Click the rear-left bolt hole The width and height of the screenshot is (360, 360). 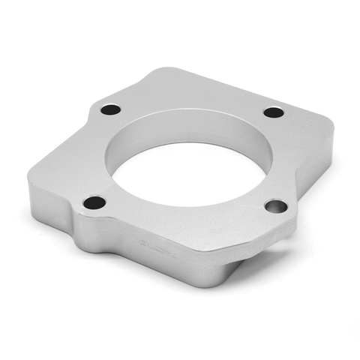110,109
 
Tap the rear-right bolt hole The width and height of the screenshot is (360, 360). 274,112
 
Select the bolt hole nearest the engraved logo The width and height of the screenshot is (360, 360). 94,202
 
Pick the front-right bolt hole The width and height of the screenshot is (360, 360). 276,205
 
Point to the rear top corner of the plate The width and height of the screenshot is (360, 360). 161,70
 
